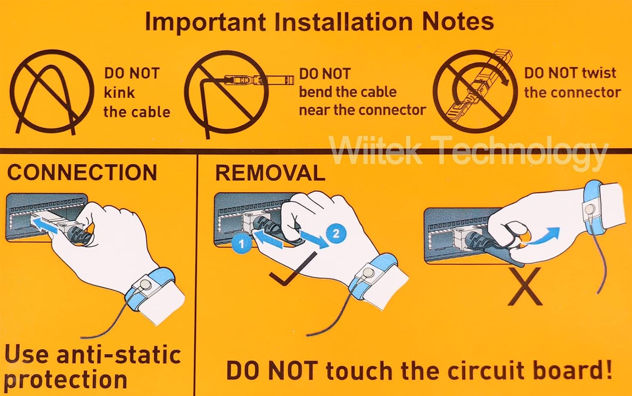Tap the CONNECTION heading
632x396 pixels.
pos(82,172)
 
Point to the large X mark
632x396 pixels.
pos(525,286)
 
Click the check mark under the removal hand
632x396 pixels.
pos(293,268)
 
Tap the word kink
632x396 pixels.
pos(119,93)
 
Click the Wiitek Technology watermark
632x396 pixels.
pos(469,154)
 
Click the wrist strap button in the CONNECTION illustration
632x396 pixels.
pos(145,283)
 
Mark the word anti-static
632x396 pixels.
pos(119,355)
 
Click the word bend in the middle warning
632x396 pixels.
pos(317,92)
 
